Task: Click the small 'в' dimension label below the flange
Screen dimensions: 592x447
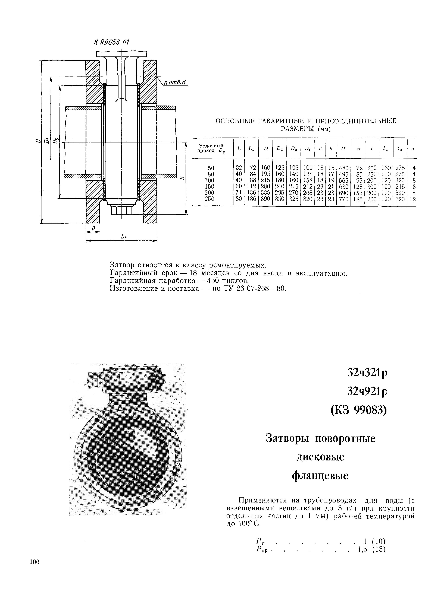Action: pyautogui.click(x=93, y=228)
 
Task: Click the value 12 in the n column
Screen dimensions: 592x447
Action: pyautogui.click(x=413, y=199)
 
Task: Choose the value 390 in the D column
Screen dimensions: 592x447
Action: pyautogui.click(x=265, y=199)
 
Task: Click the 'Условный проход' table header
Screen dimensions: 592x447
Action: pyautogui.click(x=211, y=148)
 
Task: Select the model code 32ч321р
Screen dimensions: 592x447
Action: pyautogui.click(x=367, y=373)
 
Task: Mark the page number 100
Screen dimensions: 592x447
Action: pyautogui.click(x=35, y=562)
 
